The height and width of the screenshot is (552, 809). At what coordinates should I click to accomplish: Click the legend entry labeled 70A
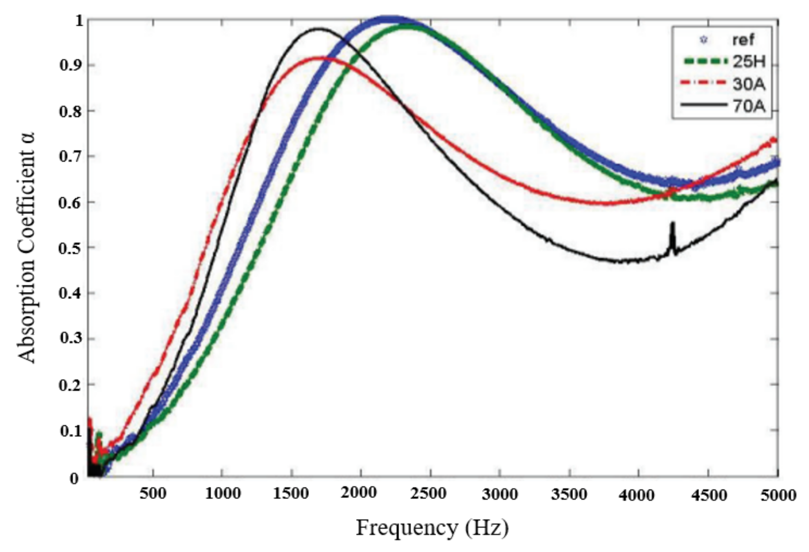tap(749, 106)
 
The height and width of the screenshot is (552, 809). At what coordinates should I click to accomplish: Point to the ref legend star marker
tap(703, 40)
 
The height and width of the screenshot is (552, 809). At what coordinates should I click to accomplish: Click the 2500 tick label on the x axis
tap(430, 494)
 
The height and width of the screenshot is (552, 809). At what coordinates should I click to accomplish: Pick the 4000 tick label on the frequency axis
tap(638, 495)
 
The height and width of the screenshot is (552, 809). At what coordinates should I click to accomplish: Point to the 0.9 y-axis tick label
tap(71, 66)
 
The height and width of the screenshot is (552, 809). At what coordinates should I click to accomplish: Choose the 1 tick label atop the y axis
tap(80, 20)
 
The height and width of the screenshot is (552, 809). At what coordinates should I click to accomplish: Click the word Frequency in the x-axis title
tap(407, 528)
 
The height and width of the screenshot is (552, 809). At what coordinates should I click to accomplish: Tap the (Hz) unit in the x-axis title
tap(487, 528)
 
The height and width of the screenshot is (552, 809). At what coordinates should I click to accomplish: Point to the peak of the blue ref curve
tap(389, 19)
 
